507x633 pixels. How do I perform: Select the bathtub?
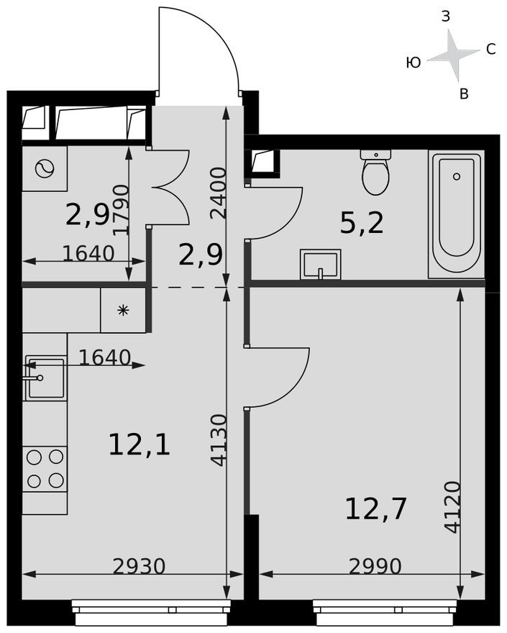tap(456, 214)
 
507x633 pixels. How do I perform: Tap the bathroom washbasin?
tap(320, 264)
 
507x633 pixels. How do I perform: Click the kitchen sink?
tap(45, 378)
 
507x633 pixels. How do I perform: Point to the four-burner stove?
tap(45, 468)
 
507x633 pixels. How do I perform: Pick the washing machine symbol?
tap(44, 169)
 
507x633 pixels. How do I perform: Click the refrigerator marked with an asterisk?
tap(123, 310)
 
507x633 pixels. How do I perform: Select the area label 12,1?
tap(139, 445)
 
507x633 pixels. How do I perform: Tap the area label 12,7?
tap(375, 509)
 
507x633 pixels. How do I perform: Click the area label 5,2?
tap(362, 224)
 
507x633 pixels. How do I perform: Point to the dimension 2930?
tap(139, 567)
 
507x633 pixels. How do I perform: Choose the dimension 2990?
tap(375, 567)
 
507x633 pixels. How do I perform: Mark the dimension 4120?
tap(452, 506)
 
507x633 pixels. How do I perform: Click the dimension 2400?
tap(219, 192)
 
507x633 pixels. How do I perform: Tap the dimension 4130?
tap(219, 440)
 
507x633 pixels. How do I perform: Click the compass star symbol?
tap(454, 55)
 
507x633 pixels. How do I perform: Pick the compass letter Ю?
tap(414, 63)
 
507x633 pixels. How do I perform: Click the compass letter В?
tap(464, 94)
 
